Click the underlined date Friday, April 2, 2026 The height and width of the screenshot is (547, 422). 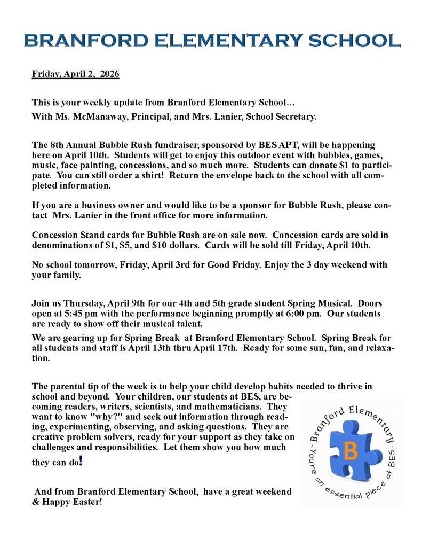click(x=75, y=74)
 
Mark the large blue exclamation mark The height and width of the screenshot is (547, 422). click(x=81, y=460)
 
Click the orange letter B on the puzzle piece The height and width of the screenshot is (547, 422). click(x=351, y=451)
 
